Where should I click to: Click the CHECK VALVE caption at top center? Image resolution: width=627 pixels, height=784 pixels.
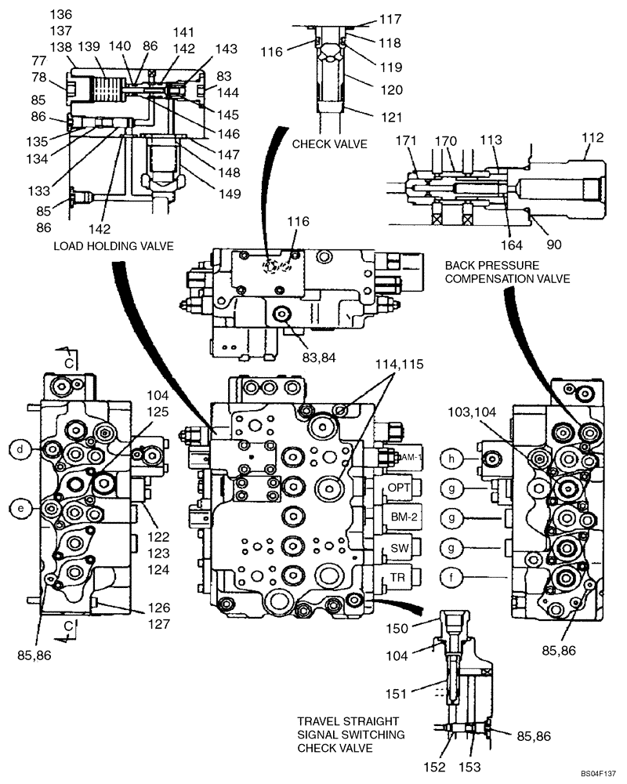point(329,143)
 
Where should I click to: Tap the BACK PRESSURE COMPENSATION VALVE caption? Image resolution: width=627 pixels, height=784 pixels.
point(506,271)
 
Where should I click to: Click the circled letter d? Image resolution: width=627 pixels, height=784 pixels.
point(19,448)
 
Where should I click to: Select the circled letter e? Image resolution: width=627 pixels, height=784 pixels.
point(19,507)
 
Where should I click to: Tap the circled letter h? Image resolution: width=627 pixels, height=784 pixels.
point(451,458)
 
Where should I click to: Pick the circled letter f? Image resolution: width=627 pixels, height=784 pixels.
point(451,578)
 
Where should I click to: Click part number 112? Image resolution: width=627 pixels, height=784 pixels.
point(593,138)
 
